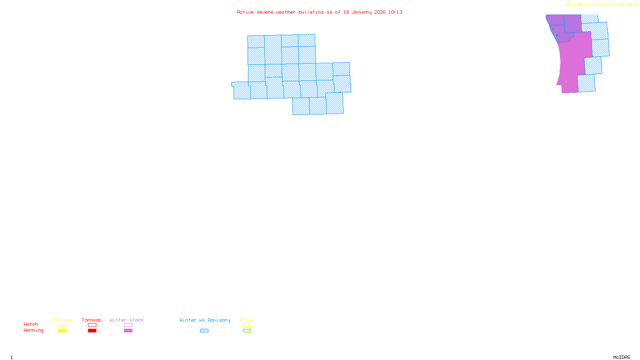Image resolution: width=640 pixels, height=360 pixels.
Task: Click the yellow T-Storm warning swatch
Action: (62, 331)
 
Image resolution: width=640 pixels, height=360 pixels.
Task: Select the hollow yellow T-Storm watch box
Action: (62, 325)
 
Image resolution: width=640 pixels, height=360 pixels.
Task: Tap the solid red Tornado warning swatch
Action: (92, 331)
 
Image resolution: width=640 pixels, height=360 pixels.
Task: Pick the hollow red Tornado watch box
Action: (92, 325)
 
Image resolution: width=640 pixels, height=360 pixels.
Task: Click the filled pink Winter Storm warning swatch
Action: (128, 331)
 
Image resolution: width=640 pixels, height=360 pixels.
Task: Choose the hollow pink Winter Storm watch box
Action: (128, 325)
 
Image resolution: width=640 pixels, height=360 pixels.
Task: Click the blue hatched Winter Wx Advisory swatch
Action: (204, 331)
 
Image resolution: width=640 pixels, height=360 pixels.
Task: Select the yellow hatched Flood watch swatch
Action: (247, 325)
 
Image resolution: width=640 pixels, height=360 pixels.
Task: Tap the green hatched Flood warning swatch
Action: (247, 331)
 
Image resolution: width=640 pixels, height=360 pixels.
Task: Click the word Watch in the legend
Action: (31, 324)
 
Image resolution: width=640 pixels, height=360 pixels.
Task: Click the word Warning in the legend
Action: (33, 330)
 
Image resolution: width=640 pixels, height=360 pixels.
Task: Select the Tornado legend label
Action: (92, 320)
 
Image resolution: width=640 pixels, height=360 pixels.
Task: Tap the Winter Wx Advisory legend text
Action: (205, 320)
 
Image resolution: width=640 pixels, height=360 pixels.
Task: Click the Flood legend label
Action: (247, 320)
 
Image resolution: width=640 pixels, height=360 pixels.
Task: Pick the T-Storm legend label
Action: (62, 320)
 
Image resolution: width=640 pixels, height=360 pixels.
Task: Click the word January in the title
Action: (362, 12)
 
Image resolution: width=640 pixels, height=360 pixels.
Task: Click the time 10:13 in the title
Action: (395, 12)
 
